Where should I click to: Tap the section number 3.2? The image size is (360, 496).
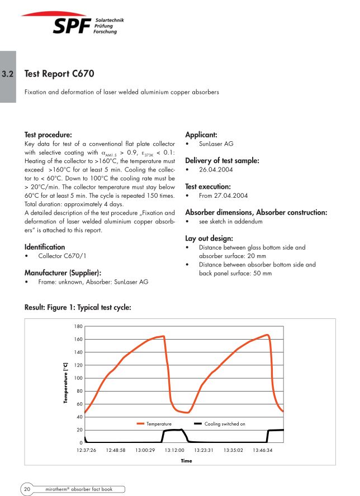[x=8, y=74]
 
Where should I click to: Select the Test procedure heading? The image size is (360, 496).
[x=48, y=135]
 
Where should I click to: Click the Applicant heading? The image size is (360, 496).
[x=201, y=135]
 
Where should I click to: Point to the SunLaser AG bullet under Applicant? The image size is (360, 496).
[x=216, y=144]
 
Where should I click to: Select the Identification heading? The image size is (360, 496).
[x=45, y=247]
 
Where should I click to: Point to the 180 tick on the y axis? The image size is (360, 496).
[x=78, y=326]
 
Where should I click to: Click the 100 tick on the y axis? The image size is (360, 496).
[x=78, y=378]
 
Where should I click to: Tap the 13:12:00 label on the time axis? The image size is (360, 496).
[x=175, y=450]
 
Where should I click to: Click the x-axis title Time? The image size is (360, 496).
[x=186, y=461]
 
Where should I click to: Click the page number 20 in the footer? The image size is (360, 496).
[x=27, y=489]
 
